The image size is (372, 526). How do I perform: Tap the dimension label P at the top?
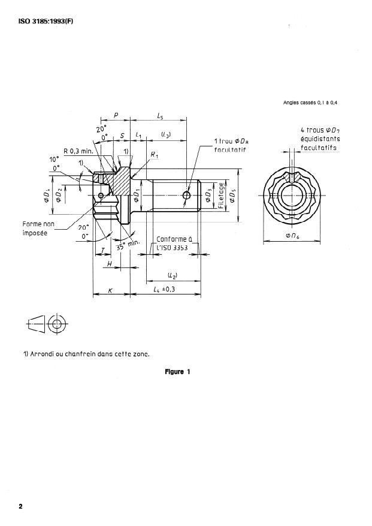pos(115,115)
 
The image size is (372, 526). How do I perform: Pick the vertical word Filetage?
pos(221,196)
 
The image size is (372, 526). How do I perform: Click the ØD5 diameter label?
pos(232,196)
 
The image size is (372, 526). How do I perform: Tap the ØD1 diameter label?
pos(137,196)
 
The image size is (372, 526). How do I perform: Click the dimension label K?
pos(110,291)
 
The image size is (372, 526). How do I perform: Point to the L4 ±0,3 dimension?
pos(166,290)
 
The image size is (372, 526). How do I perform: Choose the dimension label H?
pos(109,264)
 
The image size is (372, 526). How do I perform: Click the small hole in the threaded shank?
pos(187,196)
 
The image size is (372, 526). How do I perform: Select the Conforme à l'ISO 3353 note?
pos(173,243)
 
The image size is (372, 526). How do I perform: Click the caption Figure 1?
pos(177,372)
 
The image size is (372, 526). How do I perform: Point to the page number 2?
pos(21,506)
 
